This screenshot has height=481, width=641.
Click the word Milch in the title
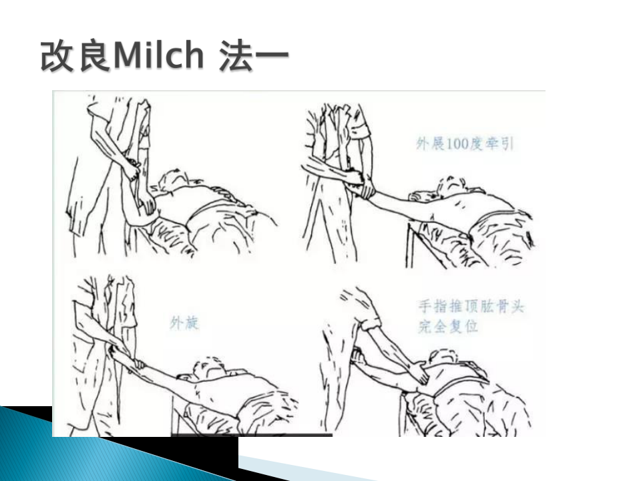tap(159, 55)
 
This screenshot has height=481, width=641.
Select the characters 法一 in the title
tap(254, 55)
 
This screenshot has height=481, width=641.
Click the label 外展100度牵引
tap(465, 144)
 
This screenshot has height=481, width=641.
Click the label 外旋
tap(184, 323)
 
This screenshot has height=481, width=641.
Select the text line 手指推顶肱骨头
tap(471, 306)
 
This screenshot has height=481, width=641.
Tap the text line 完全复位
tap(448, 327)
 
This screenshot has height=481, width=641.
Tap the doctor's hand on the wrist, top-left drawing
tap(132, 168)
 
